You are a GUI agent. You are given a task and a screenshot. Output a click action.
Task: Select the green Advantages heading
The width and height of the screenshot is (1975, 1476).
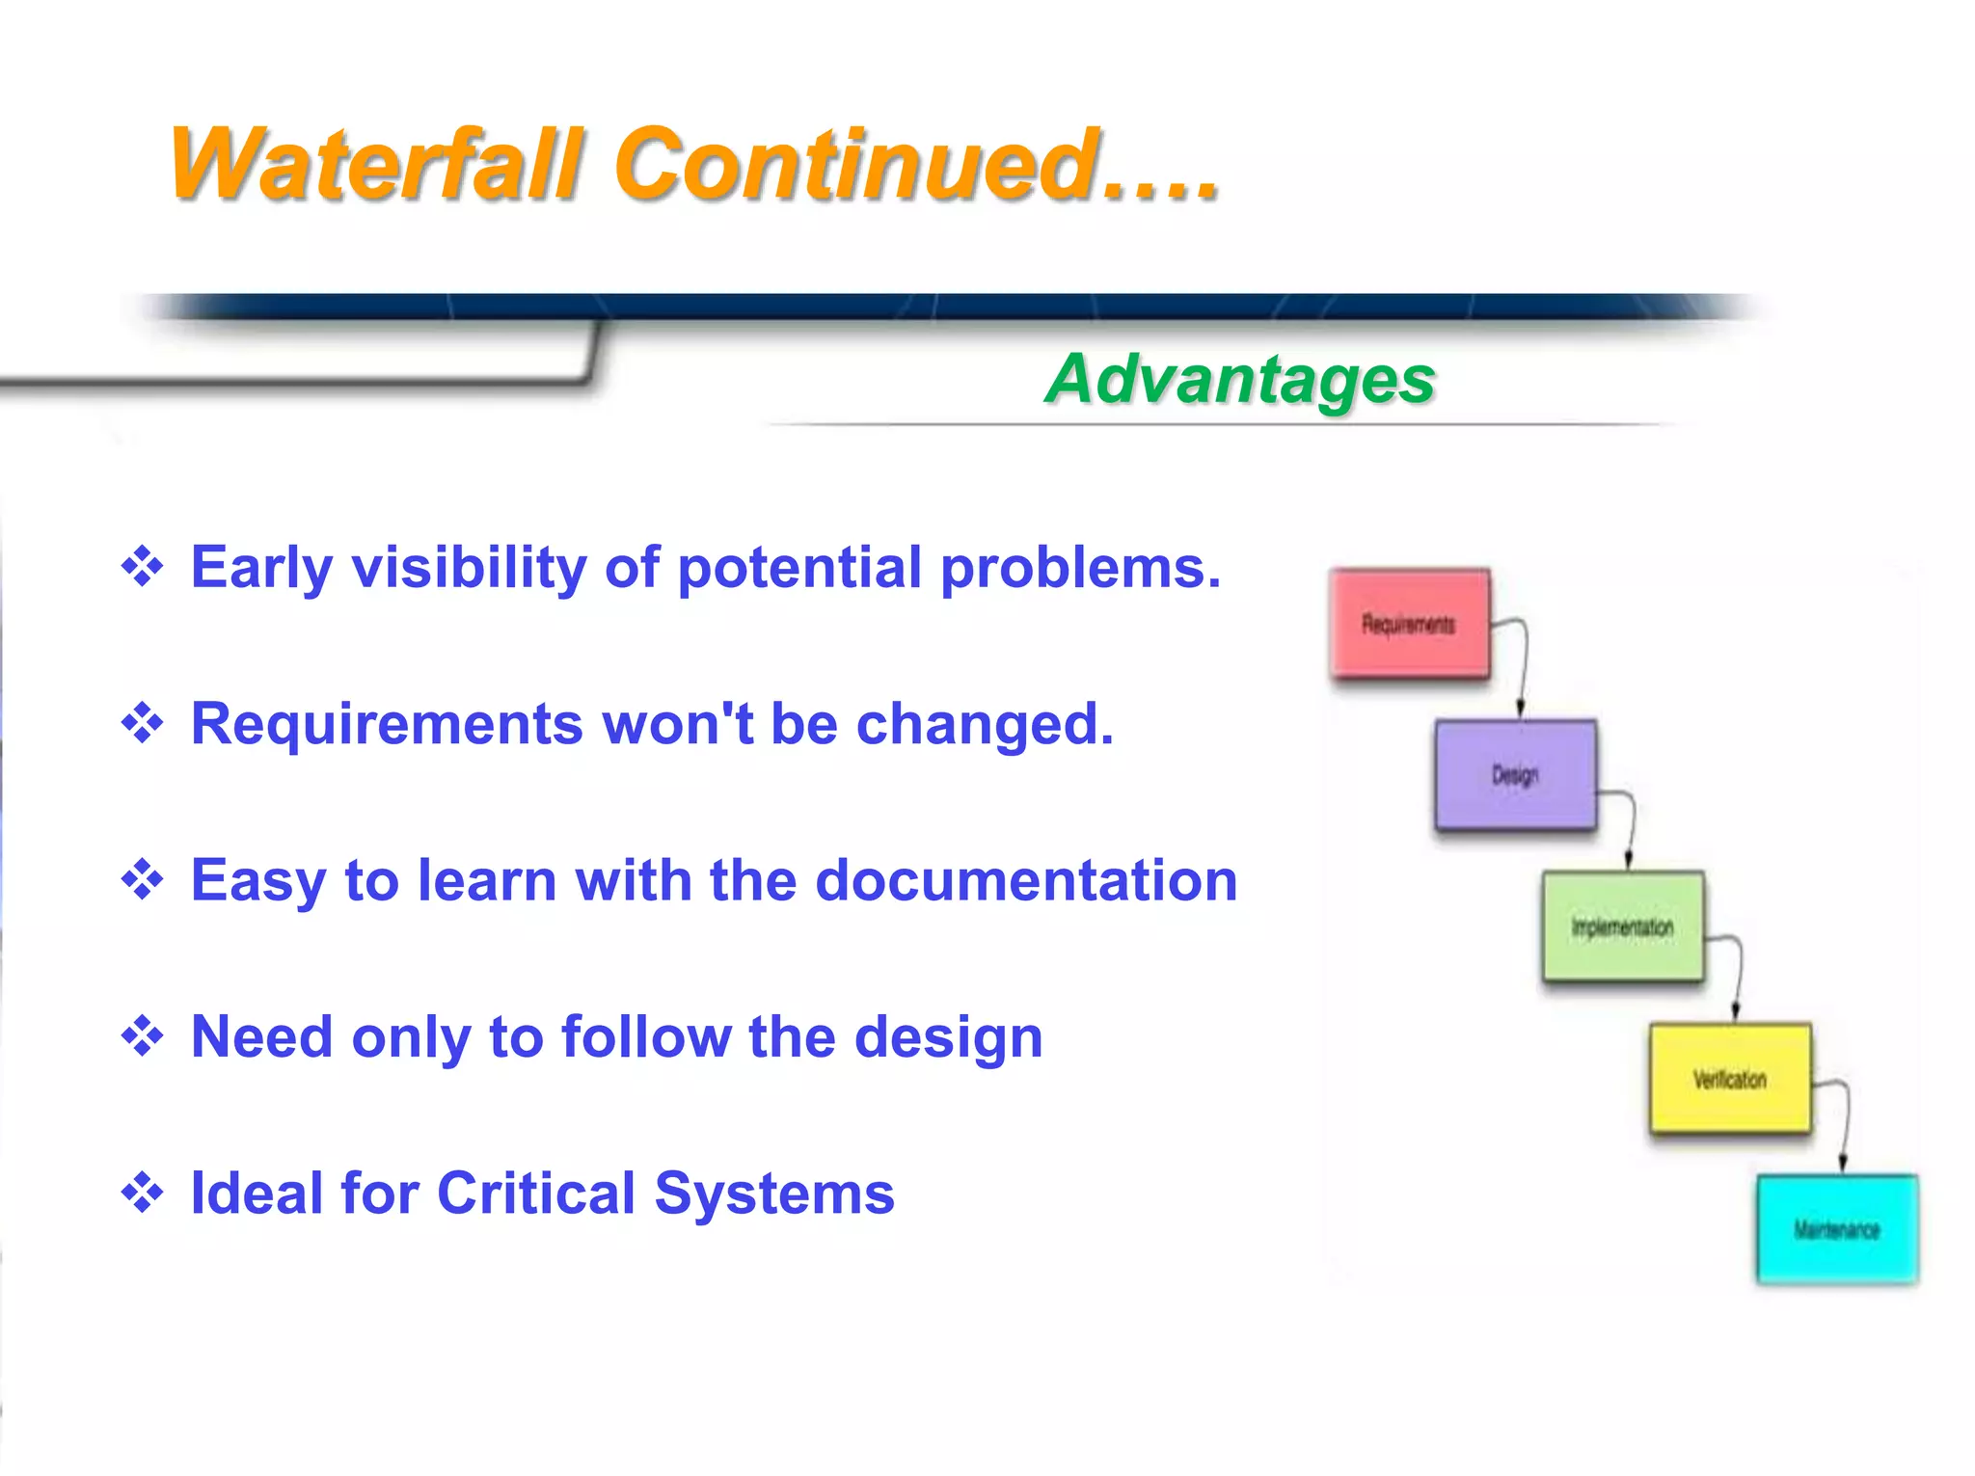tap(1240, 379)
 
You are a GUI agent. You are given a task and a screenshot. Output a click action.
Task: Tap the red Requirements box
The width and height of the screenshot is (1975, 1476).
tap(1409, 624)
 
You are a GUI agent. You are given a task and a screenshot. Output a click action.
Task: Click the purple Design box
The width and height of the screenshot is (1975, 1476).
tap(1515, 774)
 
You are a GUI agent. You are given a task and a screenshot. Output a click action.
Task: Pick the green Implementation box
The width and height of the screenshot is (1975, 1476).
tap(1622, 926)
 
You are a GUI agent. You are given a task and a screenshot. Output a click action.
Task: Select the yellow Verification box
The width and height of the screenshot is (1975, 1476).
tap(1730, 1079)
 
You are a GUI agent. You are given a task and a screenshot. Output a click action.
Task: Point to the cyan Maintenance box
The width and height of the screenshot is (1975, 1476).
tap(1837, 1229)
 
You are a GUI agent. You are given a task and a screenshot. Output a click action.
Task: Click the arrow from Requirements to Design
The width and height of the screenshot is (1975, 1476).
tap(1523, 665)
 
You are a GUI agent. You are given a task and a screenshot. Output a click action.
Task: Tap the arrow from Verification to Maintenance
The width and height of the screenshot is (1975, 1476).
tap(1845, 1123)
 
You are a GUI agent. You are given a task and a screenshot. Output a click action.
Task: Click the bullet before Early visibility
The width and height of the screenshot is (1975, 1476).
tap(142, 566)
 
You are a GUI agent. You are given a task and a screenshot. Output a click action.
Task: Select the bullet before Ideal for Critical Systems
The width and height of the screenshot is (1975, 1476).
tap(142, 1194)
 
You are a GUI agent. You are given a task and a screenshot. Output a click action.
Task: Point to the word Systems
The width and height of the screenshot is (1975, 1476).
tap(774, 1194)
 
